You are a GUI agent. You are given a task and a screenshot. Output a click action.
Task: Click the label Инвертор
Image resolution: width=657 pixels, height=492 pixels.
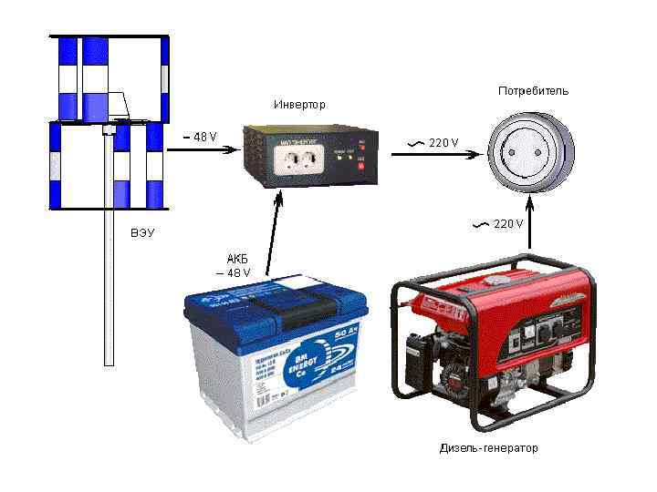point(298,105)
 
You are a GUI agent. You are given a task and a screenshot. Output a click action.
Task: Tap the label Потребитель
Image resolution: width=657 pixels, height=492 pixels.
point(533,91)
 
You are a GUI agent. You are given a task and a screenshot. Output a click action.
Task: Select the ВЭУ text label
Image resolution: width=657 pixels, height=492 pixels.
point(142,233)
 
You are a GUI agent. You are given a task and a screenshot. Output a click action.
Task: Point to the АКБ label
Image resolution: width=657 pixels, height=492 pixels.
point(237,260)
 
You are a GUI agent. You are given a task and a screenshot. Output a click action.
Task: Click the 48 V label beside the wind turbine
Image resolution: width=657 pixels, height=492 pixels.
point(200,138)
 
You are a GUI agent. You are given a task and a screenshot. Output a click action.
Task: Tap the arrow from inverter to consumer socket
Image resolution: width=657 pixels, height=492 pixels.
point(434,155)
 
